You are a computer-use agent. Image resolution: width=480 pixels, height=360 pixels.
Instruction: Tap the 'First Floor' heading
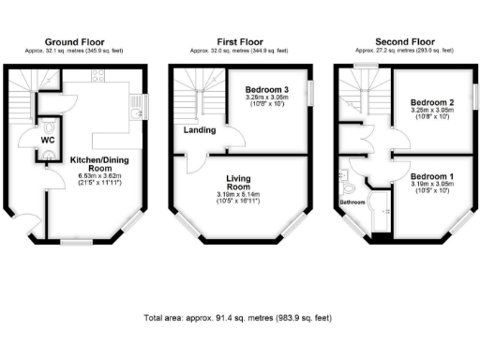click(240, 42)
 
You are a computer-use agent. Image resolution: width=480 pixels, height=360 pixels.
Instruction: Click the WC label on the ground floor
click(48, 141)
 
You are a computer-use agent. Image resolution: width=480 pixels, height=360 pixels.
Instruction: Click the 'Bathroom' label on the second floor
click(352, 202)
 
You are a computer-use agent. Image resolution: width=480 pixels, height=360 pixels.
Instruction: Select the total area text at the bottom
click(240, 318)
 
